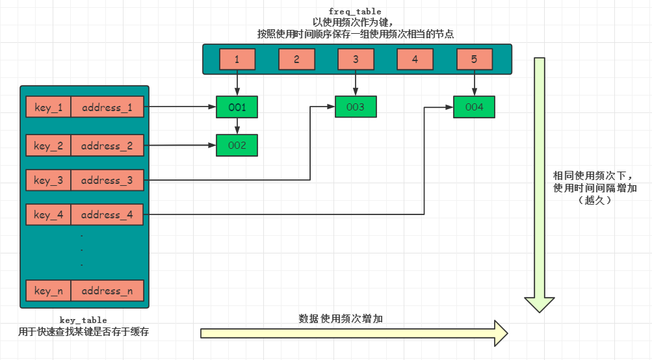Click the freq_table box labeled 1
(237, 60)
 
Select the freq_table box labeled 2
(296, 60)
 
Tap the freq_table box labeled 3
(356, 60)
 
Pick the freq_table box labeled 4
(415, 60)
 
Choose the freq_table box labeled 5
(474, 60)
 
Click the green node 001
(237, 107)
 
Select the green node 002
(237, 146)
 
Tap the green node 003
(356, 107)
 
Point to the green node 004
(475, 107)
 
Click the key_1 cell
(48, 108)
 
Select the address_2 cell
(107, 146)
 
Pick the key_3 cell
(48, 181)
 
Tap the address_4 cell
(107, 214)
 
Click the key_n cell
(48, 291)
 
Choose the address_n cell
(107, 291)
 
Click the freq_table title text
(356, 12)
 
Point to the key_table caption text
(83, 320)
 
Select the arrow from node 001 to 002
(237, 126)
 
